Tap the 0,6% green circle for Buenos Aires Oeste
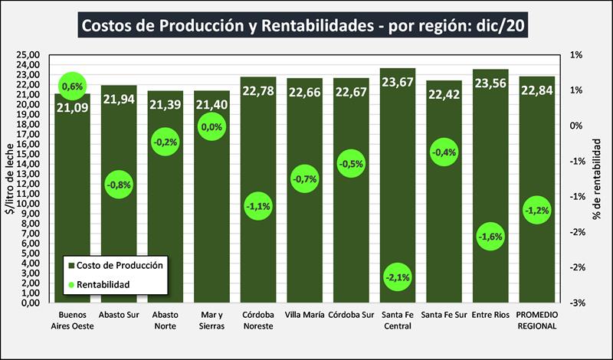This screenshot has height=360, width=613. (x=72, y=87)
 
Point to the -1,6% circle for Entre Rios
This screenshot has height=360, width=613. (x=490, y=237)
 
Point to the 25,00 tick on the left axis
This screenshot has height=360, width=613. (x=28, y=55)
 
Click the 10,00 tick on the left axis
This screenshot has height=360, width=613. (x=28, y=204)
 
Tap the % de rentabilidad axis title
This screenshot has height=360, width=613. (x=603, y=179)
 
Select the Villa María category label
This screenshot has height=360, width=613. (x=304, y=315)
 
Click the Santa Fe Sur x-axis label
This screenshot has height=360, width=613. (x=444, y=315)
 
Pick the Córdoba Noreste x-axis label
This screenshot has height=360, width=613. (x=257, y=320)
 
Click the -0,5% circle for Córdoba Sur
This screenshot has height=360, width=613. (x=351, y=164)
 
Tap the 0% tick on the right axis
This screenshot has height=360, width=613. (x=577, y=126)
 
